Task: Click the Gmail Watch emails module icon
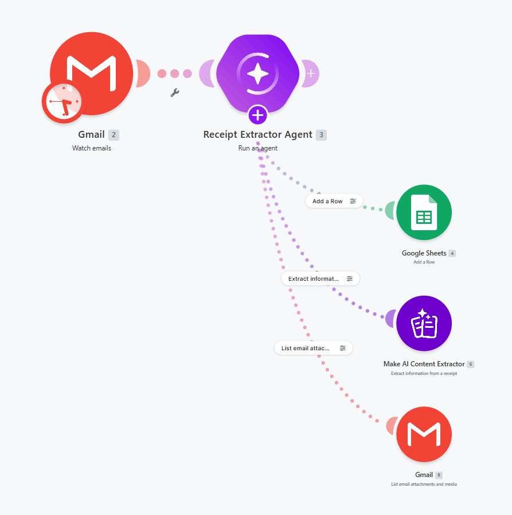pos(92,73)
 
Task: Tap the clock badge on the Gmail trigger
pos(64,102)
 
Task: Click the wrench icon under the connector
pos(175,92)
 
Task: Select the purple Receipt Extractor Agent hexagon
pos(258,73)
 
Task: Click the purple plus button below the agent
pos(258,115)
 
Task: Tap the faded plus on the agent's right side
pos(311,73)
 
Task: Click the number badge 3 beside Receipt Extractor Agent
pos(321,135)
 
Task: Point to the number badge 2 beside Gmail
pos(114,135)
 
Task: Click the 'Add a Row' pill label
pos(327,201)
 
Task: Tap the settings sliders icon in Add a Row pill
pos(353,201)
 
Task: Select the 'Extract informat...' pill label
pos(314,278)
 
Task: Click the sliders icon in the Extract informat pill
pos(350,278)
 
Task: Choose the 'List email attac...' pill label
pos(306,348)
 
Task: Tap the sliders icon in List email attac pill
pos(343,348)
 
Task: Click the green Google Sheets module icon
pos(424,212)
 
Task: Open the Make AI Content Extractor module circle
pos(424,323)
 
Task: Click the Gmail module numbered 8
pos(424,434)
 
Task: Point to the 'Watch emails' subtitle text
pos(92,148)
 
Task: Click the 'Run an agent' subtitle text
pos(258,148)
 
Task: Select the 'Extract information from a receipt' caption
pos(424,373)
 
